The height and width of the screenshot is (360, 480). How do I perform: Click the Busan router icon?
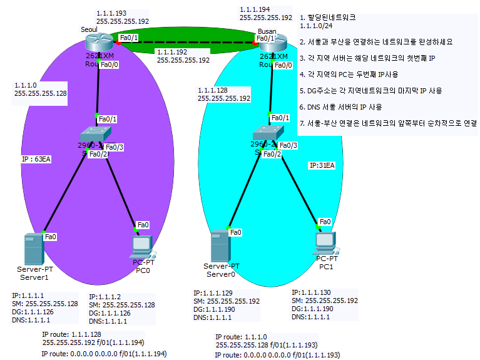pos(271,43)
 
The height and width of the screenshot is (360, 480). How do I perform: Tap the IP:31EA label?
pos(323,166)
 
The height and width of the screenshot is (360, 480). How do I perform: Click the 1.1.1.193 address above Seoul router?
pos(111,13)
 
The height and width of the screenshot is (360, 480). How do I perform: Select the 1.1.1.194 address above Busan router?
pos(254,9)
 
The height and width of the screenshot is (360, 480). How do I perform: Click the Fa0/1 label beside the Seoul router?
pos(129,38)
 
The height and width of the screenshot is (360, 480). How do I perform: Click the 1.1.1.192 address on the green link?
pos(171,52)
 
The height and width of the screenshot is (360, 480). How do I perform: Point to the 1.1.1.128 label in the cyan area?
pos(212,90)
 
